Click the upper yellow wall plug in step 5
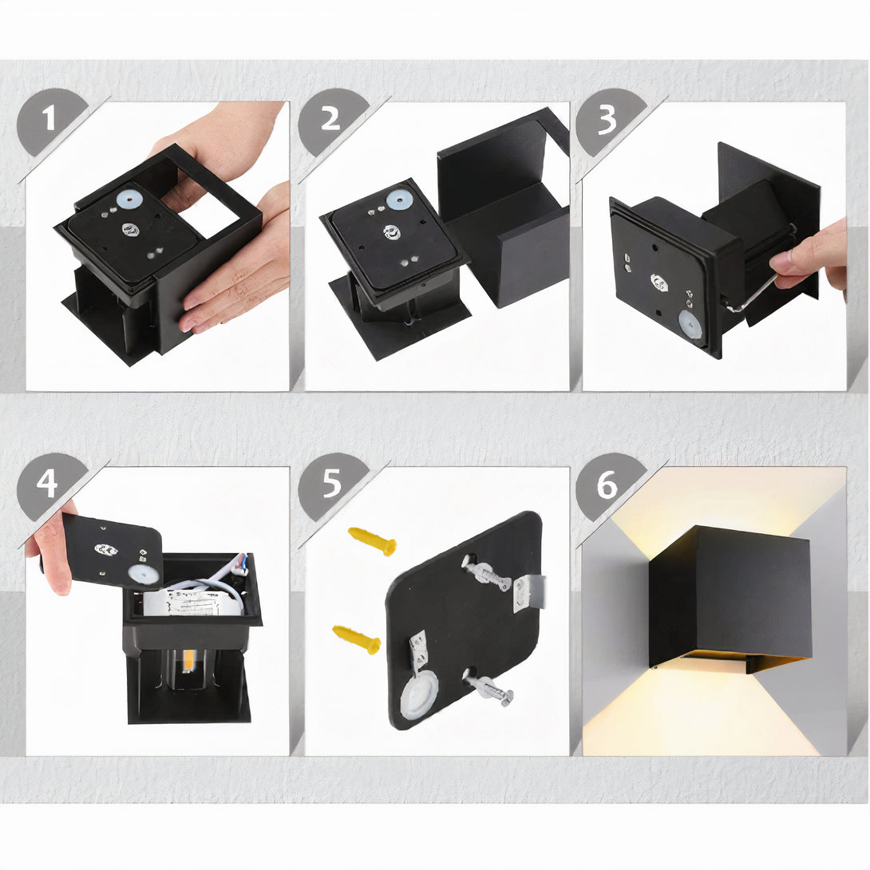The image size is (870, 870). [372, 541]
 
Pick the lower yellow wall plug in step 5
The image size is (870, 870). [357, 639]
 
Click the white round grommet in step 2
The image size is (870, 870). [400, 200]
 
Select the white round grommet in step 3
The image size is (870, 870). [690, 325]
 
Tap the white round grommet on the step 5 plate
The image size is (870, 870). [419, 694]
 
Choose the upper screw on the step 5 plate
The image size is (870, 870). [486, 574]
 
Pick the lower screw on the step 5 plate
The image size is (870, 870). [488, 688]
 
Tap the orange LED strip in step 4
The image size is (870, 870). [188, 660]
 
